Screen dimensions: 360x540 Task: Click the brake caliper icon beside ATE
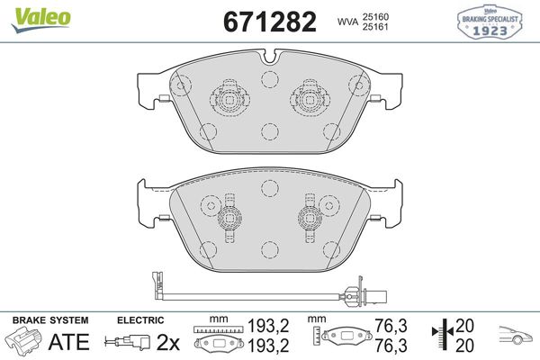pos(24,342)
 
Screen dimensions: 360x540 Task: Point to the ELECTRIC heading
pos(140,320)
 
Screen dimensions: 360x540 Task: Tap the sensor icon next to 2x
pos(127,342)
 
